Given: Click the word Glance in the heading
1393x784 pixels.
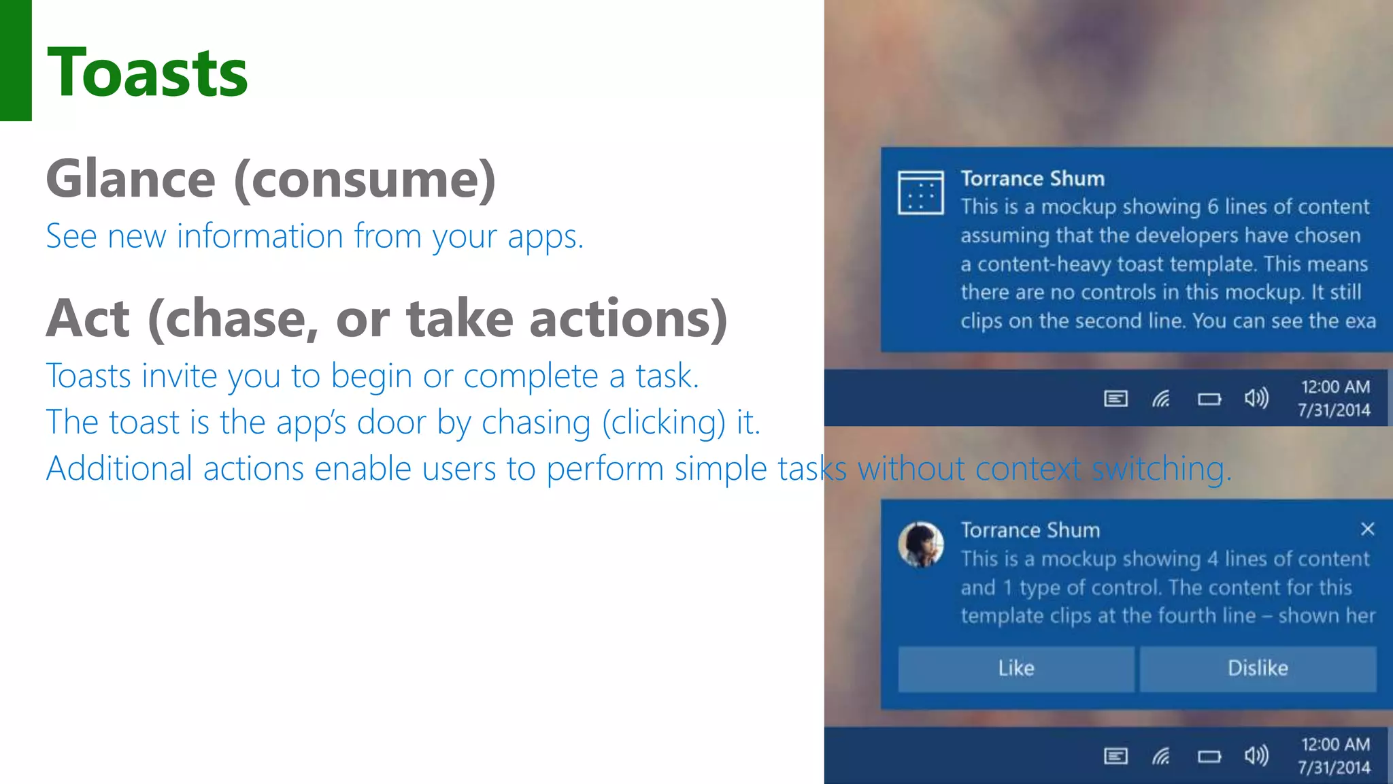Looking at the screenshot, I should [131, 179].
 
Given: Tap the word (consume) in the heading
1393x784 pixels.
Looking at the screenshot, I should [365, 179].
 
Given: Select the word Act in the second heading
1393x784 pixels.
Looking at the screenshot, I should [88, 318].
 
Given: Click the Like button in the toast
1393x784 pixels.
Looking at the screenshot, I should [1016, 668].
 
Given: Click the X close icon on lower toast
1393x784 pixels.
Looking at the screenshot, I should [1367, 529].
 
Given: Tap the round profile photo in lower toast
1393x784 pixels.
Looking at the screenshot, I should [920, 544].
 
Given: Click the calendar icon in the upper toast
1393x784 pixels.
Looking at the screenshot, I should [920, 193].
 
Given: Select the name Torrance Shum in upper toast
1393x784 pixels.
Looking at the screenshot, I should [1032, 178].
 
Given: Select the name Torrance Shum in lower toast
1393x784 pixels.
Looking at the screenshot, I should [1030, 530].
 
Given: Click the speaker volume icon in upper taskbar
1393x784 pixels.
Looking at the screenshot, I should [1256, 398].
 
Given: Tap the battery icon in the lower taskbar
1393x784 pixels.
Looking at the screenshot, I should [1209, 756].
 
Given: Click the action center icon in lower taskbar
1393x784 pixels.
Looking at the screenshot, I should [1115, 756].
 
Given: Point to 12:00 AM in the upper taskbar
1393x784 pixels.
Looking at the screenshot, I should [1335, 387].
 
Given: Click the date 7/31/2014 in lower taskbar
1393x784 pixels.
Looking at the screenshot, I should [1333, 768].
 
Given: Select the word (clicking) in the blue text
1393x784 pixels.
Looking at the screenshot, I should [664, 423].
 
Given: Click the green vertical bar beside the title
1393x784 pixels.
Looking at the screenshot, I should [16, 60].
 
